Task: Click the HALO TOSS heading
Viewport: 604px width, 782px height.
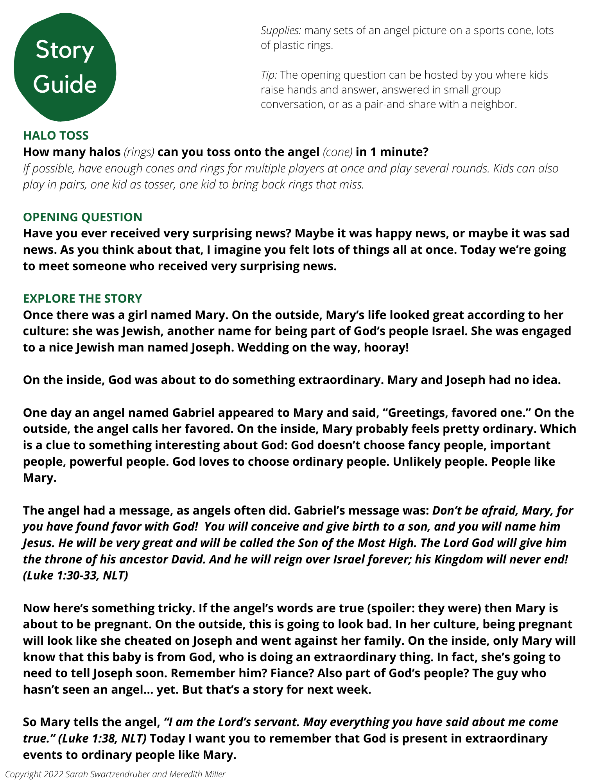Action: tap(56, 135)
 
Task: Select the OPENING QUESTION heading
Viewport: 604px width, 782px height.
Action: tap(82, 217)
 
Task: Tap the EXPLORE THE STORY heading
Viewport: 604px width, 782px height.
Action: tap(82, 298)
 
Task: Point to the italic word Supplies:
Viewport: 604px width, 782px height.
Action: tap(281, 30)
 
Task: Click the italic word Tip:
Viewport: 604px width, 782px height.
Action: tap(269, 75)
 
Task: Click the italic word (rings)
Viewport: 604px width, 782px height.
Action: tap(139, 152)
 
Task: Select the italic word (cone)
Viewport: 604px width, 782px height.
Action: tap(337, 152)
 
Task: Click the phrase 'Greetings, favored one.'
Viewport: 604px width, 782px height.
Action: tap(455, 413)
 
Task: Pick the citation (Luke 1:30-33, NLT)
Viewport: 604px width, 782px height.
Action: tap(75, 576)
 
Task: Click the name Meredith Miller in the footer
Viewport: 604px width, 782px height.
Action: tap(197, 774)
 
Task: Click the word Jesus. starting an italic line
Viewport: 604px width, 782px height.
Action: tap(39, 543)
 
